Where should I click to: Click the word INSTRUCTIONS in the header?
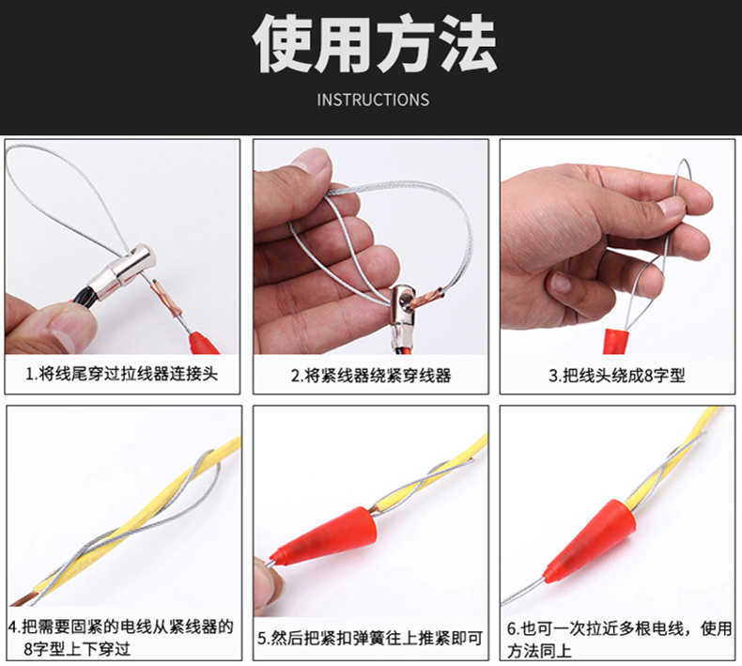tap(373, 100)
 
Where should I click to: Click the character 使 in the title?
tap(282, 43)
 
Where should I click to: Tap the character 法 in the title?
tap(466, 43)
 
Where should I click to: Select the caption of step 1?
tap(121, 374)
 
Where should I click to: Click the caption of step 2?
tap(371, 376)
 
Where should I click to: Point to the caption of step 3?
tap(617, 376)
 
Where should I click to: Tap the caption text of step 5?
tap(370, 638)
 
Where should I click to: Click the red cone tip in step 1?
tap(204, 341)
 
